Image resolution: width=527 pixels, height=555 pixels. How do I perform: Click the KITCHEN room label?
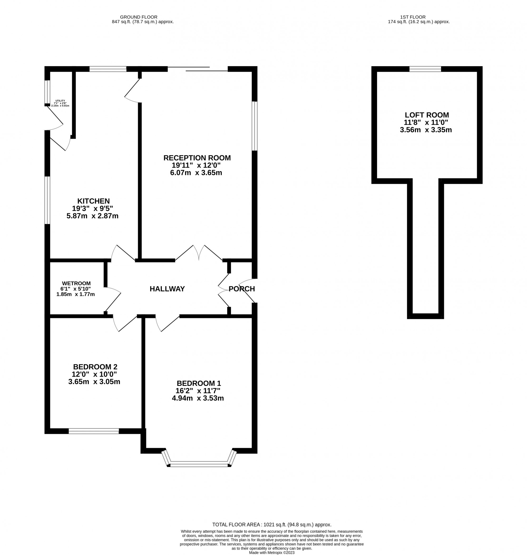[x=94, y=201]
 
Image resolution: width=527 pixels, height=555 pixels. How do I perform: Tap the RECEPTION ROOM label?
[x=197, y=158]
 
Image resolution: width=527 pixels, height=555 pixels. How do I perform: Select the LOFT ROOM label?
[x=427, y=115]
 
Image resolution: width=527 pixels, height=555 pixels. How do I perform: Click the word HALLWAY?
[x=167, y=289]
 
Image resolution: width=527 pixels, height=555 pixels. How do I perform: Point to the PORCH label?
[x=242, y=289]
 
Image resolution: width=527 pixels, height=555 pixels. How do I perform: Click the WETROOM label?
[x=76, y=283]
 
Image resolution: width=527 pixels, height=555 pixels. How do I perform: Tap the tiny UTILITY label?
[x=60, y=101]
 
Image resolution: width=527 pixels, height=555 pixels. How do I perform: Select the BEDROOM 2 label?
[x=95, y=367]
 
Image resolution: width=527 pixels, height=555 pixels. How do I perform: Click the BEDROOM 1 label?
[x=199, y=383]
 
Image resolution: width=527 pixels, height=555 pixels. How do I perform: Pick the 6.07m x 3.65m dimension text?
[x=196, y=173]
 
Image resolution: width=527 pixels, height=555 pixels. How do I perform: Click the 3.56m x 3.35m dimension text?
[x=426, y=130]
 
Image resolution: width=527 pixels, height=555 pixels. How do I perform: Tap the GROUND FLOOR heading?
[x=139, y=17]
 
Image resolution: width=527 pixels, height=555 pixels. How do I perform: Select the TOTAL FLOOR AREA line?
[x=272, y=524]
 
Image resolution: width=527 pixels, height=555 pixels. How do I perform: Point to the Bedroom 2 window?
[x=94, y=431]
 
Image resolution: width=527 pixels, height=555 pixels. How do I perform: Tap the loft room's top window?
[x=425, y=69]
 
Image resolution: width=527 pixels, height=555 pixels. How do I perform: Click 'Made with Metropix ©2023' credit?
[x=272, y=552]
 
